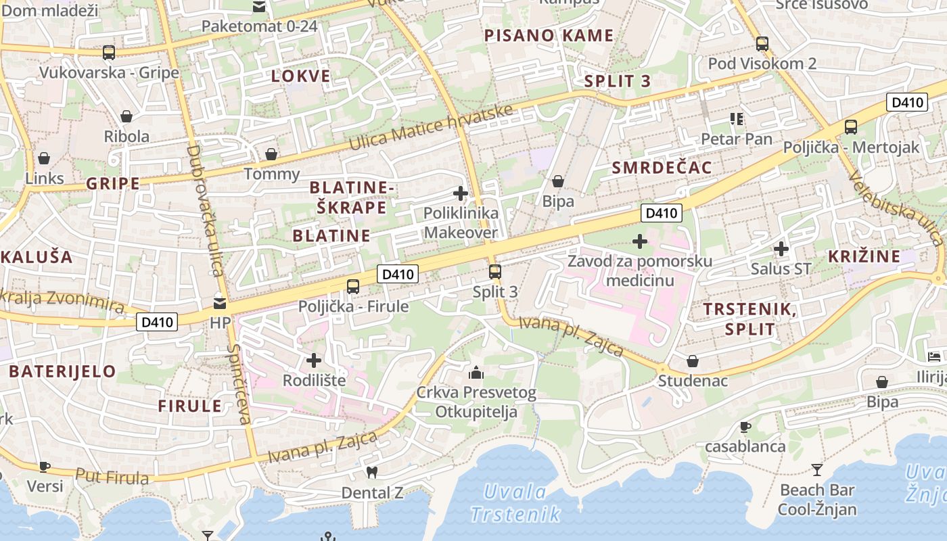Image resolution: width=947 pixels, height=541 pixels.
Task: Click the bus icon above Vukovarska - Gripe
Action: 108,52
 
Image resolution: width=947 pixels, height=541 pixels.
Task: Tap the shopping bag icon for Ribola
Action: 126,117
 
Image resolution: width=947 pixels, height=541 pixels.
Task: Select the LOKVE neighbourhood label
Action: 301,76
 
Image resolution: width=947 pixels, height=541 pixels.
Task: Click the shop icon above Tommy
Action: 271,155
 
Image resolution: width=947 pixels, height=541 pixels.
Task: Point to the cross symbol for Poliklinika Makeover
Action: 461,194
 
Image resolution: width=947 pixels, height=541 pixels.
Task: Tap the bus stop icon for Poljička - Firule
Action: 353,287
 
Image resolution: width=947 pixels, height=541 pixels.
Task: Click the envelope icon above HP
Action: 220,303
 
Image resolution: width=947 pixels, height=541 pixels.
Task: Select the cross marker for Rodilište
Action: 314,360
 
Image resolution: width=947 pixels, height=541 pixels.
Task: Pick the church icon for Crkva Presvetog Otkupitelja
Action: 476,373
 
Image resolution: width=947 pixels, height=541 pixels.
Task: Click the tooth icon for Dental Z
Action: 371,472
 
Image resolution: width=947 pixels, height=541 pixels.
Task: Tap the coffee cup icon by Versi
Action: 45,467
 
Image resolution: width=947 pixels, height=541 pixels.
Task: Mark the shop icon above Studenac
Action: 693,361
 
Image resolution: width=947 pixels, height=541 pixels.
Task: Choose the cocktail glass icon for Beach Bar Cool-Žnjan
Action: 817,469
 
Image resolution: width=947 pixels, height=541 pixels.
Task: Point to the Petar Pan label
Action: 737,139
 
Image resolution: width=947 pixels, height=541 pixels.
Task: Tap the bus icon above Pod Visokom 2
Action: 762,44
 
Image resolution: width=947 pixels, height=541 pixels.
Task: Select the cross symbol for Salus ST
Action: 781,249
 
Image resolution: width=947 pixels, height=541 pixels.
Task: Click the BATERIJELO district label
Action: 62,371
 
